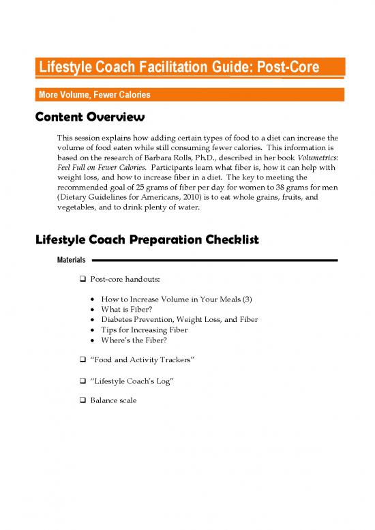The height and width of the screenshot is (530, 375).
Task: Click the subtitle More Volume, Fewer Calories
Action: pyautogui.click(x=94, y=94)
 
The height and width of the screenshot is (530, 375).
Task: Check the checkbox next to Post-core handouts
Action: pyautogui.click(x=82, y=280)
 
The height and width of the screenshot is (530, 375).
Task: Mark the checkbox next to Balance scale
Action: pyautogui.click(x=82, y=400)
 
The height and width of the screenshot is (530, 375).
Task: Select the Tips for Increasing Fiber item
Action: pyautogui.click(x=144, y=329)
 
